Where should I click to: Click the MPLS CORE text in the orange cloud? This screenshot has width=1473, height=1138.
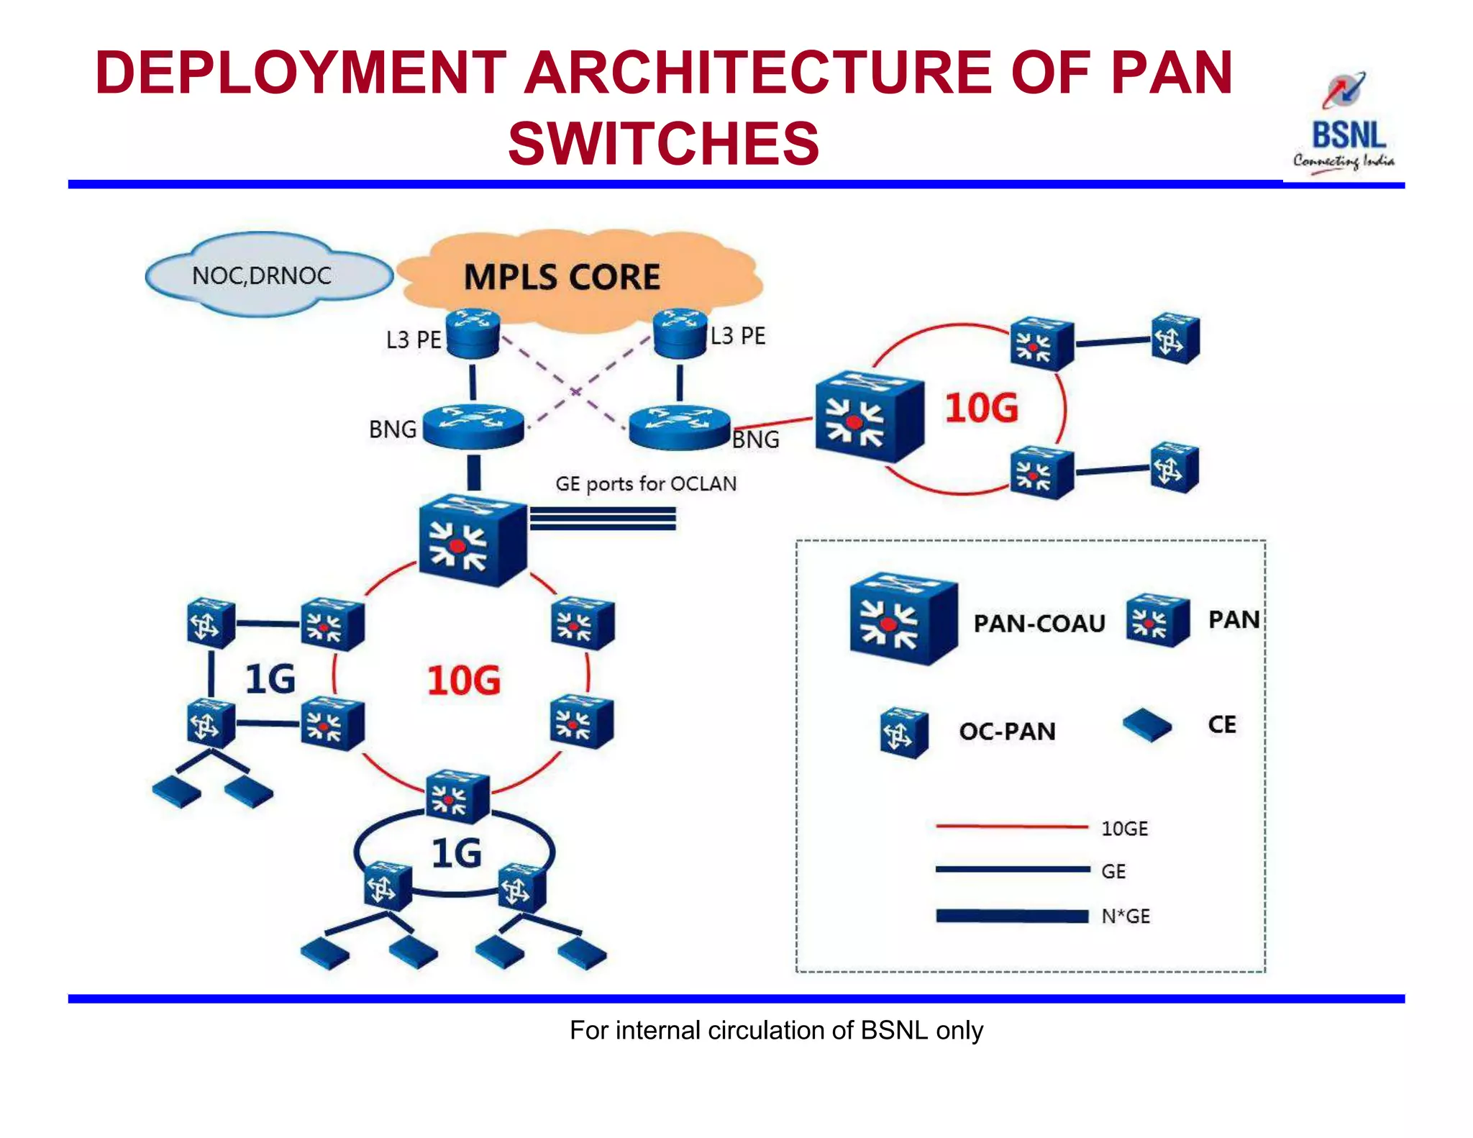(561, 278)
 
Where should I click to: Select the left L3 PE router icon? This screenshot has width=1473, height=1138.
(473, 333)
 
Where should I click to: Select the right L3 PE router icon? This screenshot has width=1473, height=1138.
(680, 332)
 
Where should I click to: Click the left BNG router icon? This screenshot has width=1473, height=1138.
(473, 426)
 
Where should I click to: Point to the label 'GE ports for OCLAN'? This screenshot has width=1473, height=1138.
(645, 483)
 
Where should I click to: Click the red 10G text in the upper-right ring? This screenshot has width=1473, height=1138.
(981, 408)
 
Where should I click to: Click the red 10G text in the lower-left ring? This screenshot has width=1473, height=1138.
(463, 680)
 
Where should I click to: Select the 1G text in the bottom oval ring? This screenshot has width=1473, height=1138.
(456, 854)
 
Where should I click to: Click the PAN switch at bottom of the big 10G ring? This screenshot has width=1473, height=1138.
(457, 796)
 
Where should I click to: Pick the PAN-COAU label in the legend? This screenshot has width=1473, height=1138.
(1039, 623)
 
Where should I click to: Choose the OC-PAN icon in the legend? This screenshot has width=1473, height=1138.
(903, 734)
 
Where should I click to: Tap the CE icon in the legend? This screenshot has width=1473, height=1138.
(1147, 726)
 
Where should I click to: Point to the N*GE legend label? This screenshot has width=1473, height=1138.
(1126, 916)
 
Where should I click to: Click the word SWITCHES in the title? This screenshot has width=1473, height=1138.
(663, 143)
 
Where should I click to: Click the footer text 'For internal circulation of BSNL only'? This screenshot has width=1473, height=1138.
(776, 1030)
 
